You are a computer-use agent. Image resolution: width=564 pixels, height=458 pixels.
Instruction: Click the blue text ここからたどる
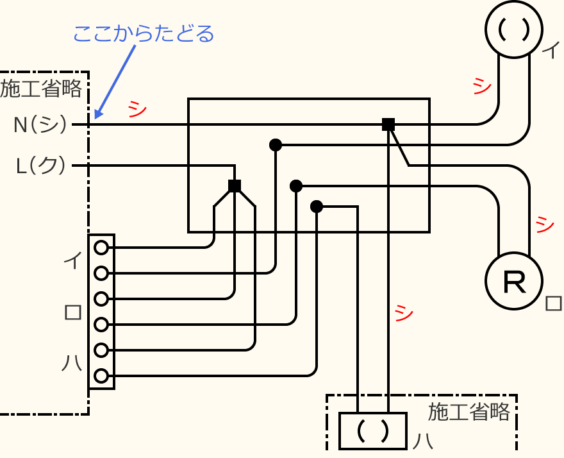[x=143, y=33]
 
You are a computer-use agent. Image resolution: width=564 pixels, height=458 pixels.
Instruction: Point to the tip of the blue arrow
[x=96, y=118]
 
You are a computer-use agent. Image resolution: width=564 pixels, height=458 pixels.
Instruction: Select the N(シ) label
[x=40, y=124]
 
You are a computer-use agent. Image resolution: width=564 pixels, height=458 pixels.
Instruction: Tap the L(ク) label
[x=40, y=166]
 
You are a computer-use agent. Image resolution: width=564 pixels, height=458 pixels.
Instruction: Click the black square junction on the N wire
[x=388, y=124]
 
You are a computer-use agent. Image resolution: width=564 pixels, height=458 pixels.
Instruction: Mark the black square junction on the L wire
[x=235, y=186]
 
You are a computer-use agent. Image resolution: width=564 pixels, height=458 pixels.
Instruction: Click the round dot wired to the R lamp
[x=295, y=186]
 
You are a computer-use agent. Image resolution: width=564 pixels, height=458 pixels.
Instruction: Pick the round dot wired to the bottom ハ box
[x=316, y=207]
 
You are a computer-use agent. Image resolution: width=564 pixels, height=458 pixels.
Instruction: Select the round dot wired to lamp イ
[x=276, y=145]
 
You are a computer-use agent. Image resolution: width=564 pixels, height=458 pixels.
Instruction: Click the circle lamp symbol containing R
[x=514, y=282]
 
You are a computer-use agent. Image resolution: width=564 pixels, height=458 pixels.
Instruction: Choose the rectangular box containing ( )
[x=372, y=430]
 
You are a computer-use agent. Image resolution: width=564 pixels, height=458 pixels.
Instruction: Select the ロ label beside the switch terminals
[x=72, y=312]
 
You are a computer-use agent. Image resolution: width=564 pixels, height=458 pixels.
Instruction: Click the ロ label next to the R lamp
[x=552, y=303]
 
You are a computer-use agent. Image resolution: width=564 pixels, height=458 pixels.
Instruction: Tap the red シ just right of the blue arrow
[x=137, y=108]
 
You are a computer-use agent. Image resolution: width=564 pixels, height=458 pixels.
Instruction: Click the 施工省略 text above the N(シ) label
[x=41, y=89]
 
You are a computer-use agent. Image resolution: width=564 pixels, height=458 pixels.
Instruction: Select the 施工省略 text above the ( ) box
[x=469, y=411]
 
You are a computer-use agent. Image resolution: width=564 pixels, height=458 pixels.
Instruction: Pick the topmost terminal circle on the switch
[x=101, y=247]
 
